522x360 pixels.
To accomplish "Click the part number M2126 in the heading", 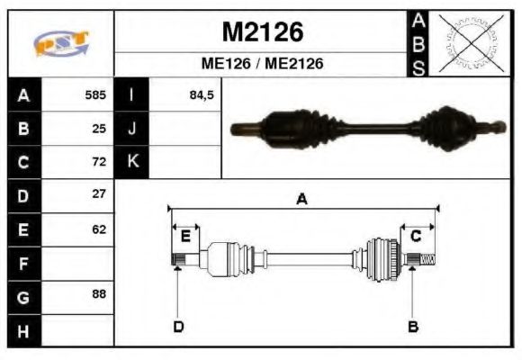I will pos(262,32).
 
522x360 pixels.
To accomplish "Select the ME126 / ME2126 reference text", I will pos(262,64).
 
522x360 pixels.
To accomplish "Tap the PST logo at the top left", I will pos(61,43).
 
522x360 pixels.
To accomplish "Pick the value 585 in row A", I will pos(95,94).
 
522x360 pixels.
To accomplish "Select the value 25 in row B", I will pos(99,128).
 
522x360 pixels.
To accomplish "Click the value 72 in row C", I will pos(99,162).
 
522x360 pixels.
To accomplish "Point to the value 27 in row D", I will pos(99,193).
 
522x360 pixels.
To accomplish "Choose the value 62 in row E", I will pos(99,229).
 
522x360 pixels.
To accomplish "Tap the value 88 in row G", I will pos(99,294).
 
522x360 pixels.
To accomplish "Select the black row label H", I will pos(24,331).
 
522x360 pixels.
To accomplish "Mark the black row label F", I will pos(24,264).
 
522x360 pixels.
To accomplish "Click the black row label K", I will pos(132,162).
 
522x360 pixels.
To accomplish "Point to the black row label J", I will pos(132,128).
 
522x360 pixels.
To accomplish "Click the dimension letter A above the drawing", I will pos(302,199).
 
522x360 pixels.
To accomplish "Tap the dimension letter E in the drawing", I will pos(184,236).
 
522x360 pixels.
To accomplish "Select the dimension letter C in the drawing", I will pos(416,236).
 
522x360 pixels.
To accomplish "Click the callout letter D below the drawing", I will pos(178,326).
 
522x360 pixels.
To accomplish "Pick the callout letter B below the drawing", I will pos(413,326).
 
